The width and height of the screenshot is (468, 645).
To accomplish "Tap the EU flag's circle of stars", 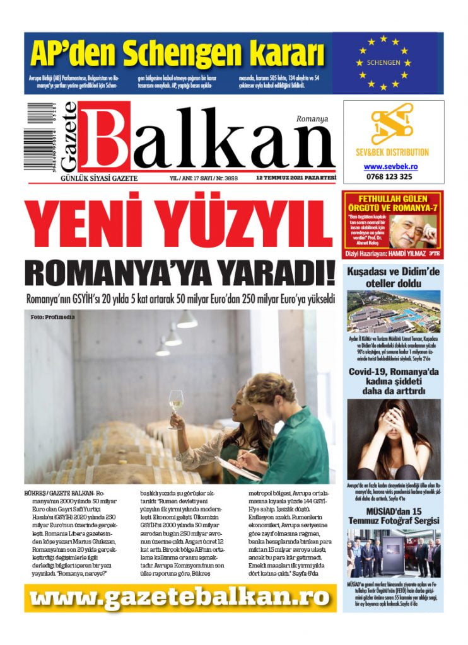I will (x=383, y=62).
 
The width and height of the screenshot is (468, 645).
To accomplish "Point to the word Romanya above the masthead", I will (x=312, y=118).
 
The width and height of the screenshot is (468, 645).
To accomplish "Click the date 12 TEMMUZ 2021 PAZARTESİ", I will (x=296, y=178).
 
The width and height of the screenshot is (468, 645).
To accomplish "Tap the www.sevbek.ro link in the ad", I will (x=392, y=166).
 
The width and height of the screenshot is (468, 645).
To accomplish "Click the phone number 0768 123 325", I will (x=392, y=176).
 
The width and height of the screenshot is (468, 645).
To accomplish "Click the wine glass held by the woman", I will (x=176, y=404).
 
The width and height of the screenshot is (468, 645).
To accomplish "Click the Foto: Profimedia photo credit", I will (x=52, y=317).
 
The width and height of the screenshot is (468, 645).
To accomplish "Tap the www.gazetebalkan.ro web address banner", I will (x=180, y=597).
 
